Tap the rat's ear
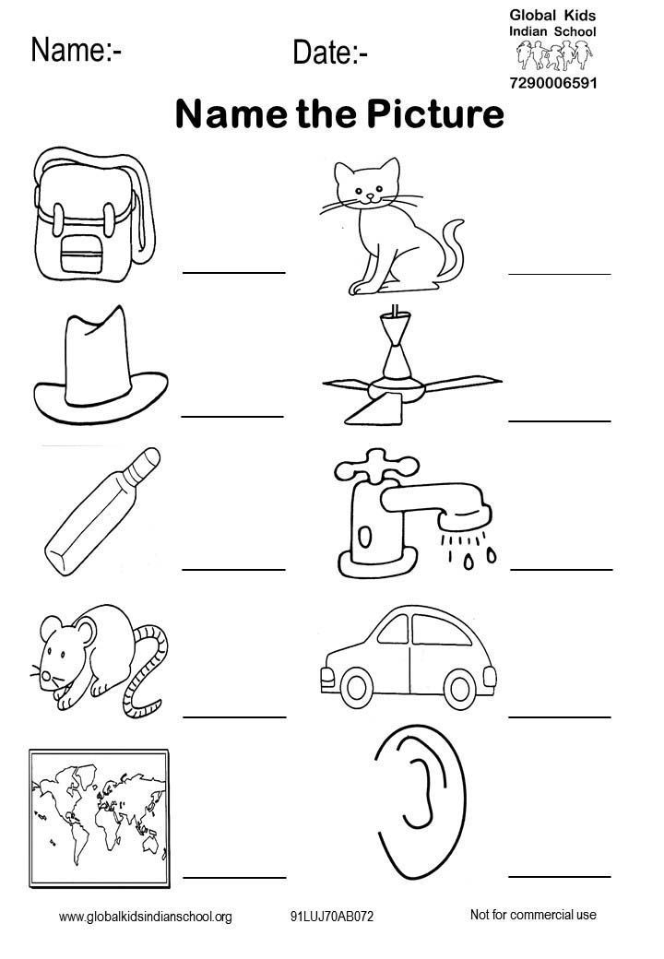pyautogui.click(x=85, y=633)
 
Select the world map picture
pyautogui.click(x=100, y=819)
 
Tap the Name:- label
pyautogui.click(x=77, y=50)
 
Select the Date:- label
pyautogui.click(x=330, y=53)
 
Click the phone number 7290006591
pyautogui.click(x=552, y=83)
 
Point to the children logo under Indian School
pyautogui.click(x=554, y=55)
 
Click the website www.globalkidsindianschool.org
pyautogui.click(x=146, y=917)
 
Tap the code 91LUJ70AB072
pyautogui.click(x=332, y=917)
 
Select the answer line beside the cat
pyautogui.click(x=560, y=273)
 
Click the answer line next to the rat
pyautogui.click(x=234, y=716)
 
